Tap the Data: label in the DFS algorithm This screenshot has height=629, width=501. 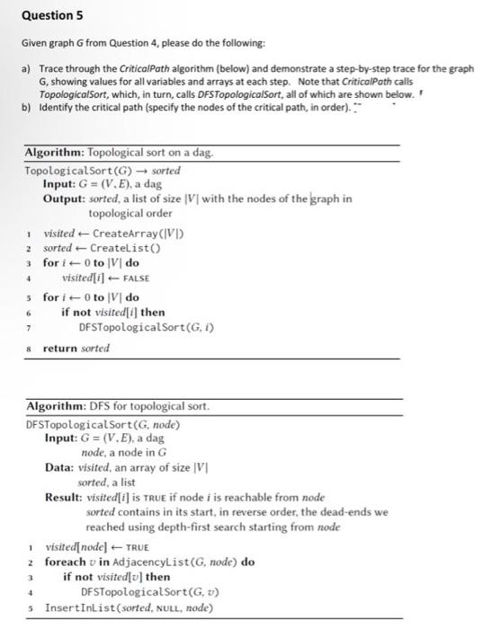(x=61, y=466)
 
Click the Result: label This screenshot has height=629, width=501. (x=65, y=496)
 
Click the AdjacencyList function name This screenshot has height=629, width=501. (x=148, y=562)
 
